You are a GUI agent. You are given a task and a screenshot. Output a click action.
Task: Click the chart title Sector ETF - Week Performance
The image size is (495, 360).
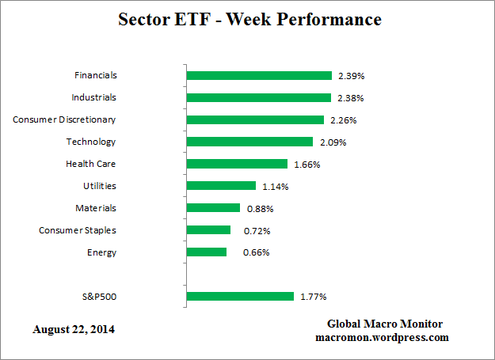(x=249, y=18)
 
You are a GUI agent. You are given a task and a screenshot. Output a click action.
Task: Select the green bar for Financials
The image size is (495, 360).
(x=259, y=75)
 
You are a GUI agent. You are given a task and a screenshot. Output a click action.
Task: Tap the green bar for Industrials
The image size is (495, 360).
(x=258, y=97)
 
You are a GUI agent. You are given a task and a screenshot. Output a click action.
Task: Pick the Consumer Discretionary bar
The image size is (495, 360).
(x=255, y=119)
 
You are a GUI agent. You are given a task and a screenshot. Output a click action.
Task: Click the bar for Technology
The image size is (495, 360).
(x=249, y=142)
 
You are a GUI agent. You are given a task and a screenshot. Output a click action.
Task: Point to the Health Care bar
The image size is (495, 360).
(x=237, y=164)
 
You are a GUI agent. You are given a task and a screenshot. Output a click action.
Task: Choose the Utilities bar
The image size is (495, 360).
(x=221, y=186)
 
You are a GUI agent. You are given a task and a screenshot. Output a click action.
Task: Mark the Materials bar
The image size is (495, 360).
(x=213, y=208)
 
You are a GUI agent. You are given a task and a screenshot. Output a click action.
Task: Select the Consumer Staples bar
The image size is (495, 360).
(x=208, y=230)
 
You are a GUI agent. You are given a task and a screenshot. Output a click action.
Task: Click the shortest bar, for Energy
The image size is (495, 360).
(x=207, y=252)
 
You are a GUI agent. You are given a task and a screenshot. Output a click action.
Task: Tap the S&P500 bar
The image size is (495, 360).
(x=240, y=297)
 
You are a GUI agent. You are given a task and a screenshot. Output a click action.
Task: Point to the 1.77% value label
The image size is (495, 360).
(x=313, y=297)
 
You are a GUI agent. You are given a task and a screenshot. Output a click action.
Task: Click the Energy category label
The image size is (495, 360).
(x=102, y=252)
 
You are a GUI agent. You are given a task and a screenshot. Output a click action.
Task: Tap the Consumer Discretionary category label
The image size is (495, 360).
(x=64, y=119)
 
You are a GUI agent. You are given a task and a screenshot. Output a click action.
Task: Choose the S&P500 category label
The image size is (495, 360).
(x=99, y=297)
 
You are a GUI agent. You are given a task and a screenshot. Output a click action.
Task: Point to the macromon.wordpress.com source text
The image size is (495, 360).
(x=382, y=337)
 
